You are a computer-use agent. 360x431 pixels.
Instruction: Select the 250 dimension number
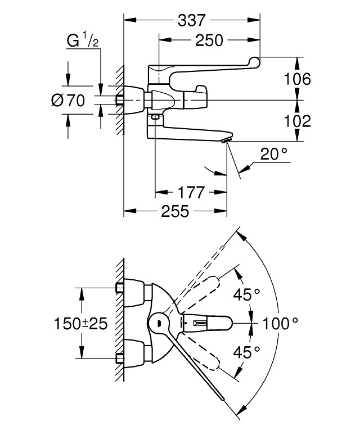tap(209, 40)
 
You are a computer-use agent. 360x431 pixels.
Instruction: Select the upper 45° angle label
tap(247, 293)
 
